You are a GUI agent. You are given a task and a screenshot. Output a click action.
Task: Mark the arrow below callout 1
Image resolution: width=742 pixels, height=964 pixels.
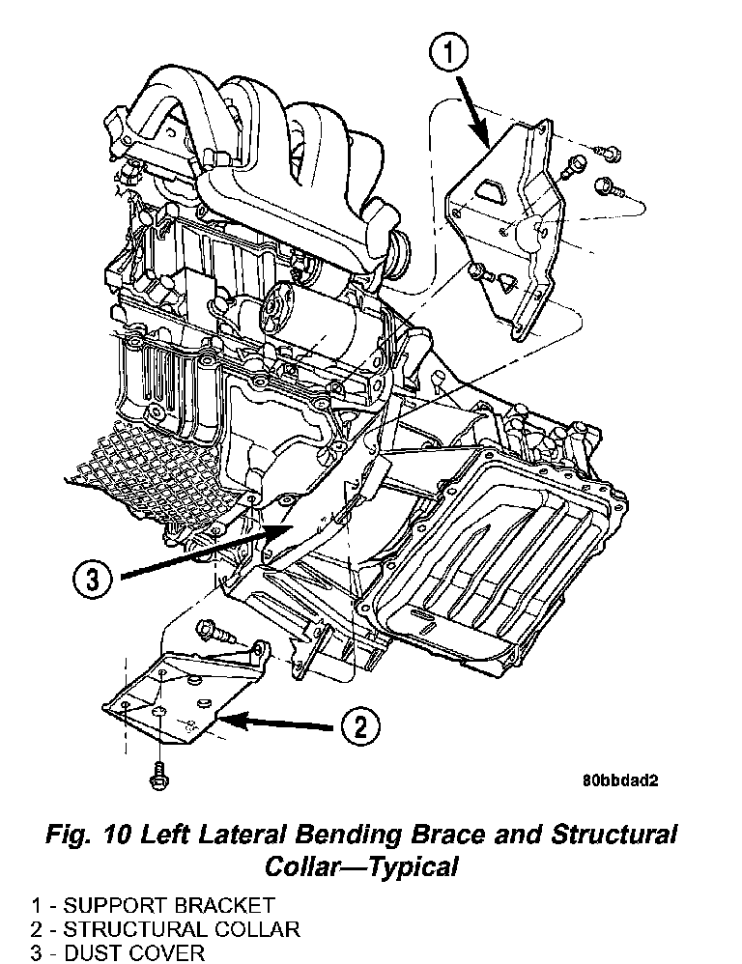474,108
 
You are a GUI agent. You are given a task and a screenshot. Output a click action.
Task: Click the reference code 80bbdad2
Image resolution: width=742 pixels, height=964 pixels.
619,783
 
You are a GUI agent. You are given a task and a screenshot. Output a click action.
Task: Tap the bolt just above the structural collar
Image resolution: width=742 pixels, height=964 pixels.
214,634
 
